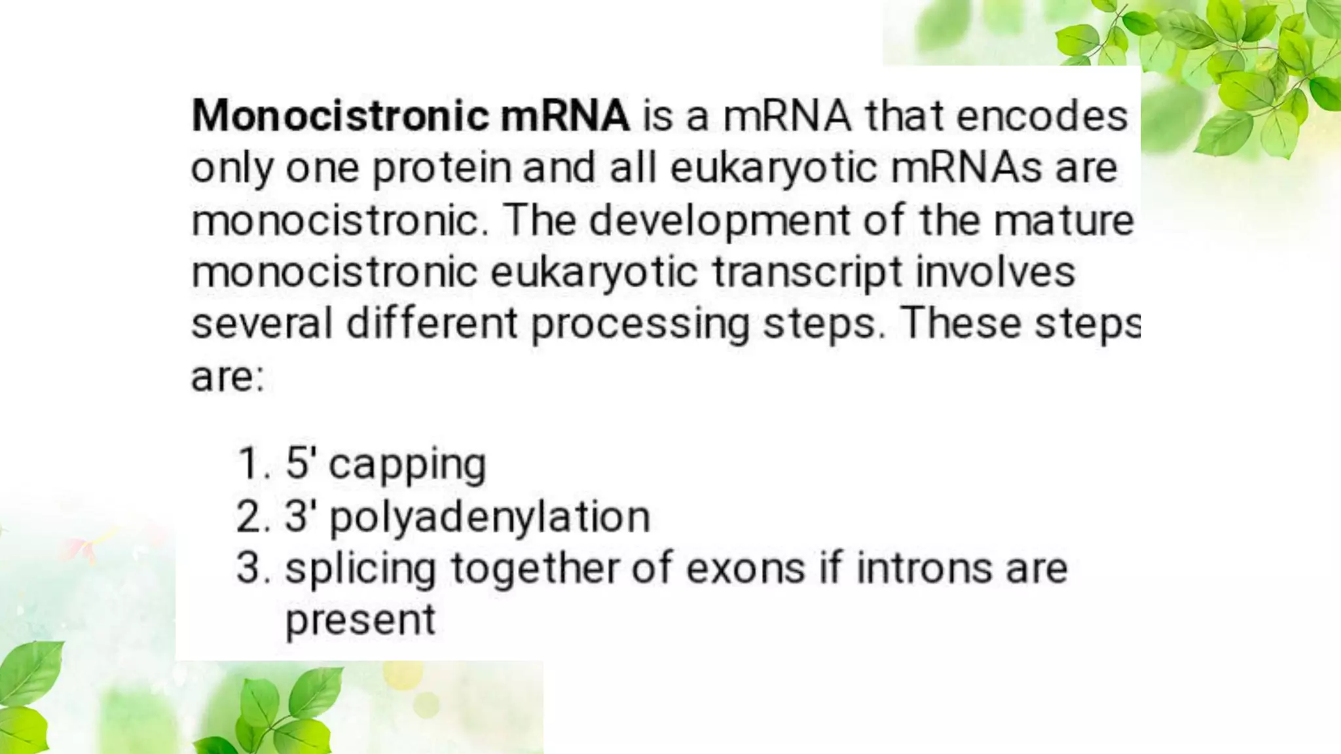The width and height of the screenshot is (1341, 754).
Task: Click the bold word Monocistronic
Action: [x=340, y=116]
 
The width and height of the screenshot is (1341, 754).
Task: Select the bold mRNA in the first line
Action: [x=564, y=116]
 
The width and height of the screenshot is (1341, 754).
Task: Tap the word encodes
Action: [x=1042, y=116]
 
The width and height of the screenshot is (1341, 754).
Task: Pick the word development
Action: [x=719, y=221]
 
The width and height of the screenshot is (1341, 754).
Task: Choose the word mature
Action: [x=1063, y=221]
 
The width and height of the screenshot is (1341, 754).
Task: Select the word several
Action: [x=262, y=324]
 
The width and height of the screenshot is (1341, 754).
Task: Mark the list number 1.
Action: [x=251, y=464]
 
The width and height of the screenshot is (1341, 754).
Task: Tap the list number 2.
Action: [x=252, y=516]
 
